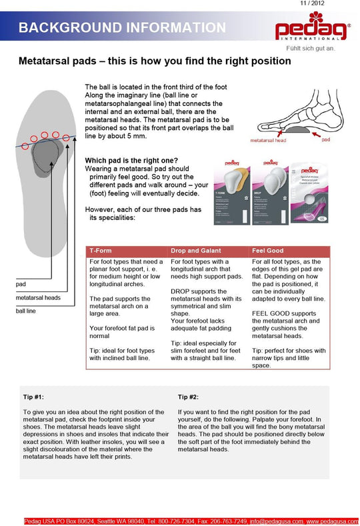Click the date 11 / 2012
click(x=338, y=4)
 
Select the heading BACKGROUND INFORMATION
click(x=121, y=27)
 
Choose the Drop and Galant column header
click(x=195, y=251)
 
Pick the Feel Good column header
click(x=267, y=251)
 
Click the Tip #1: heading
click(x=34, y=397)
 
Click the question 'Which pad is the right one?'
click(x=131, y=160)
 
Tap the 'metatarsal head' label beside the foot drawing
click(x=268, y=141)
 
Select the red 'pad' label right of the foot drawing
click(x=325, y=141)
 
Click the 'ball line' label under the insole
click(x=26, y=311)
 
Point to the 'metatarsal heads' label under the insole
click(x=38, y=298)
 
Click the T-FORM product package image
click(x=227, y=191)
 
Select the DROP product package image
click(x=269, y=191)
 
